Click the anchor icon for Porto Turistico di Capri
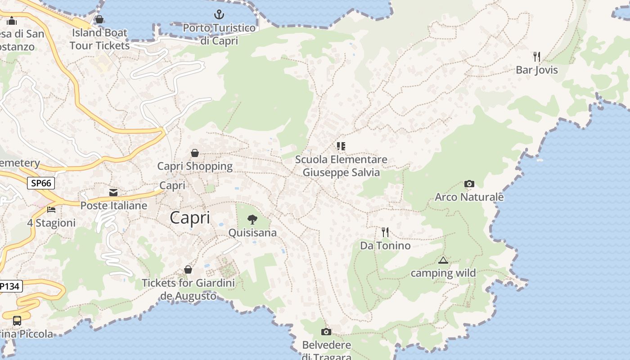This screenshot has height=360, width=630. click(x=219, y=14)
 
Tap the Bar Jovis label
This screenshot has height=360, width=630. click(x=536, y=70)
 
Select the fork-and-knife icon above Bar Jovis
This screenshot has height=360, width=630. click(x=536, y=57)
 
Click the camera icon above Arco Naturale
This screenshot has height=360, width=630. click(x=469, y=184)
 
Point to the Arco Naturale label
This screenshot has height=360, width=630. click(x=469, y=197)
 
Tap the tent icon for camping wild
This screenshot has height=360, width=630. click(x=443, y=260)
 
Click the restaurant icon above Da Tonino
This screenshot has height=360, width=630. click(x=385, y=232)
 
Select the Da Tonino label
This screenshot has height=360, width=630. click(x=385, y=246)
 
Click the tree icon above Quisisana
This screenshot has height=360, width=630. click(x=252, y=220)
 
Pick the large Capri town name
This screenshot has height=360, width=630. click(x=190, y=218)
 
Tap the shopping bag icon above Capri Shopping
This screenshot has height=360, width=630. click(x=195, y=153)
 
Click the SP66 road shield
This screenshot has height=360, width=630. click(x=41, y=183)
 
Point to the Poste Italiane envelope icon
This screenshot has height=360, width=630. click(x=113, y=193)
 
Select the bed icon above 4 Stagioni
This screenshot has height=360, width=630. click(x=51, y=210)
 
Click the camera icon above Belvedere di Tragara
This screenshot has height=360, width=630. click(x=326, y=332)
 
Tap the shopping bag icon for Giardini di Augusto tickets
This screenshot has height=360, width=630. click(x=188, y=270)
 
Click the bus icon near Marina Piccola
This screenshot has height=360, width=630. click(x=17, y=321)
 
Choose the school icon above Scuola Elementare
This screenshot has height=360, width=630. click(x=341, y=146)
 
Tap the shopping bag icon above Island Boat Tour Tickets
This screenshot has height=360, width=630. click(x=99, y=19)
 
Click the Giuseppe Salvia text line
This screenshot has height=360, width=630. click(x=341, y=173)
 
